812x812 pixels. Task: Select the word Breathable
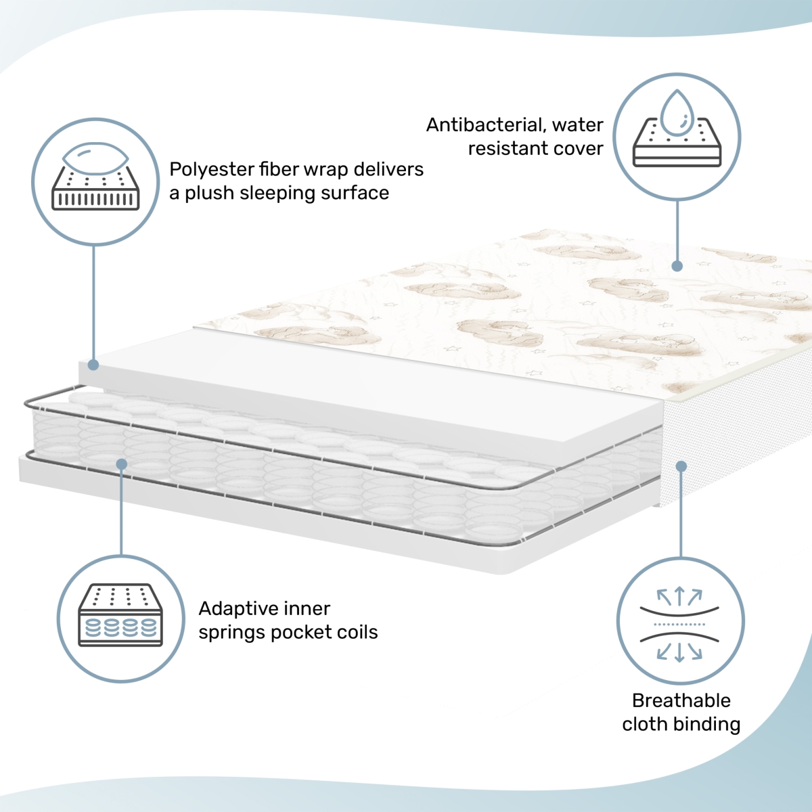pos(681,701)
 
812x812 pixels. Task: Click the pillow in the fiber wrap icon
pos(95,158)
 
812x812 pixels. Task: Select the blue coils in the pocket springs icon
pos(121,627)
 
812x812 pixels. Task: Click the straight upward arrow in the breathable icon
pos(679,596)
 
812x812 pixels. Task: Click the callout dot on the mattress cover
pos(677,266)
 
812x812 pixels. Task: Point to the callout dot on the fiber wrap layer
pos(93,365)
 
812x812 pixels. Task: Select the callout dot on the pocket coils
pos(121,464)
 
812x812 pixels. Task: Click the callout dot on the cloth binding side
pos(681,466)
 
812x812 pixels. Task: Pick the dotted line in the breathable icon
pos(679,624)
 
